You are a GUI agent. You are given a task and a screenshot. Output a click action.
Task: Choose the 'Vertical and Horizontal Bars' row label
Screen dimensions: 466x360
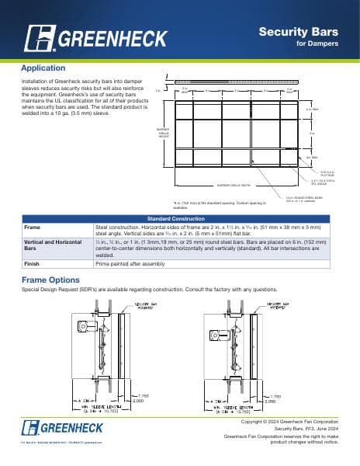pyautogui.click(x=54, y=246)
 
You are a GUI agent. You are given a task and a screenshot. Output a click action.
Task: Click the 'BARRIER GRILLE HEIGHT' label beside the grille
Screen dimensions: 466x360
pyautogui.click(x=162, y=132)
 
